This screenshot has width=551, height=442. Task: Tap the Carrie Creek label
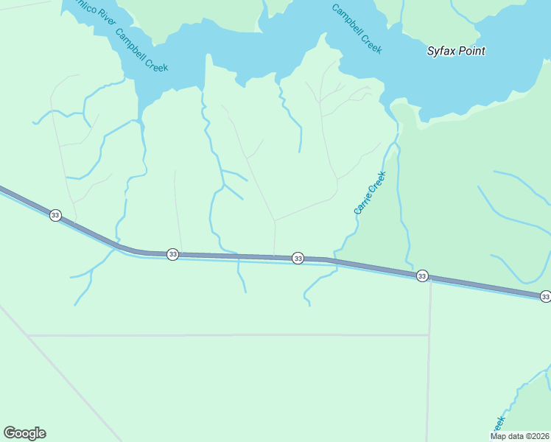tap(370, 193)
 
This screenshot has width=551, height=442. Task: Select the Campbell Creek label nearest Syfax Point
tap(357, 29)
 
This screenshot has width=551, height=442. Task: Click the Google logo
tap(24, 433)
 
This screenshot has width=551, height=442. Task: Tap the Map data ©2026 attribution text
tap(519, 436)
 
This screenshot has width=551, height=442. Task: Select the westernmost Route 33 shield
tap(55, 215)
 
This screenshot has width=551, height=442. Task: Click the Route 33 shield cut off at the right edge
tap(544, 296)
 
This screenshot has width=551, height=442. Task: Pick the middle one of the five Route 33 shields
tap(298, 258)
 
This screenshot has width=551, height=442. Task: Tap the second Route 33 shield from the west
tap(172, 254)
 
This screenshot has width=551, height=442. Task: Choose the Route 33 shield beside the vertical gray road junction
tap(421, 276)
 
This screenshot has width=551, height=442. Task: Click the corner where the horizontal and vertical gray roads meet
tap(429, 335)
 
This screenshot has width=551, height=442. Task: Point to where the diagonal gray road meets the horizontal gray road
tap(28, 335)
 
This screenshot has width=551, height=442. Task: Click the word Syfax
tap(441, 52)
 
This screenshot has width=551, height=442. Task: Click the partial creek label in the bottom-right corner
tap(499, 425)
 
